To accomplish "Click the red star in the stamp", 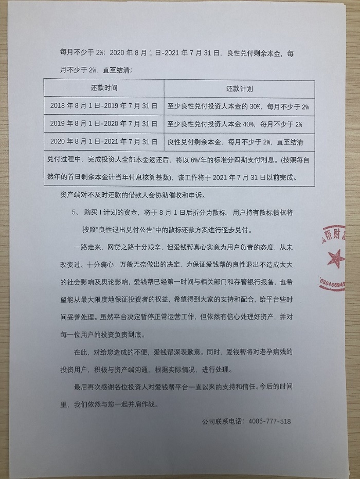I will [336, 255].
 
